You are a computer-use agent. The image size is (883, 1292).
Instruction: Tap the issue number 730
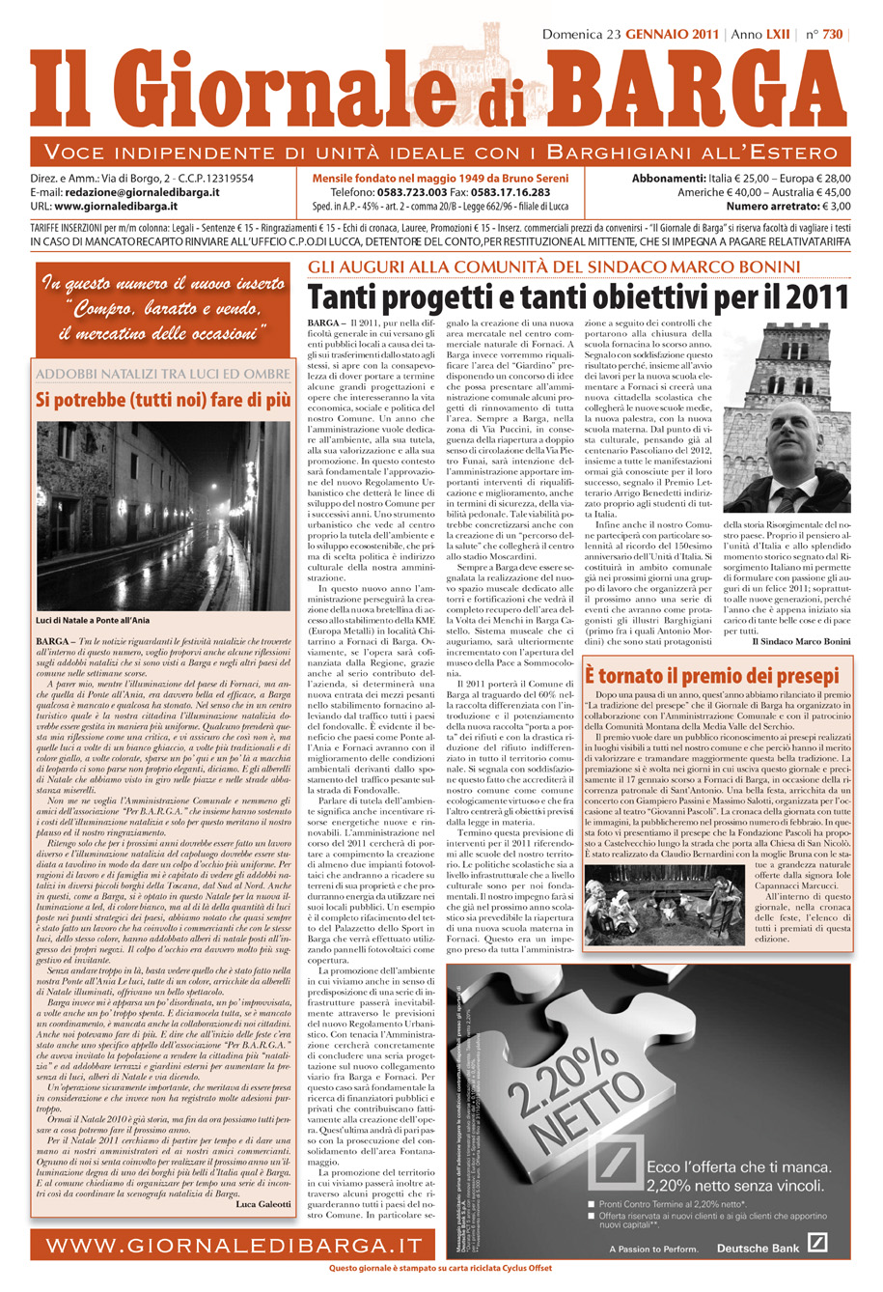(832, 35)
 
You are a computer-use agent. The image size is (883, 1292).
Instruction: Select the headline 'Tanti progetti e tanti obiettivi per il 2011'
(578, 296)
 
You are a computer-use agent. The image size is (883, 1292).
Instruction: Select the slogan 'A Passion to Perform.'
(653, 1249)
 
